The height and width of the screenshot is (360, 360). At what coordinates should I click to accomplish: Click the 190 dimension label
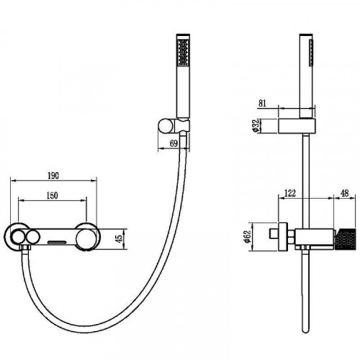tap(53, 176)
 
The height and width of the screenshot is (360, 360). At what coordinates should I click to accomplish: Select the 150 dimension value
tap(52, 195)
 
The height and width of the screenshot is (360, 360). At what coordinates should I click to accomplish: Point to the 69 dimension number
tap(174, 143)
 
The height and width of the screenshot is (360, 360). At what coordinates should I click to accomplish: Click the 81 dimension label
tap(262, 103)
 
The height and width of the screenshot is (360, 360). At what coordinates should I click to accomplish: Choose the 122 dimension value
tap(290, 193)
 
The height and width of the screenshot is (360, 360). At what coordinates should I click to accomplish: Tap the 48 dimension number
tap(345, 193)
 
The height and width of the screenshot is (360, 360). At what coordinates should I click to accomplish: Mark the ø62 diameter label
tap(248, 237)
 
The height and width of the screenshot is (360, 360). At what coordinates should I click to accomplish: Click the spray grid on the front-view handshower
tap(183, 52)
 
